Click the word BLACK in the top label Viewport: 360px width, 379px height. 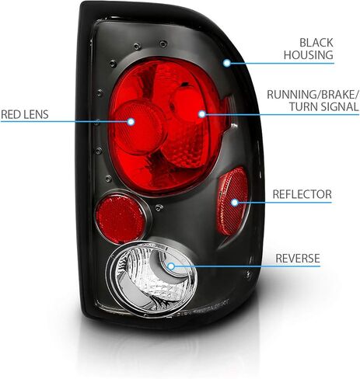[x=316, y=43]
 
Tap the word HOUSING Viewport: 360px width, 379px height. [x=309, y=55]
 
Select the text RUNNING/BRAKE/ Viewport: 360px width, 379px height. [x=313, y=95]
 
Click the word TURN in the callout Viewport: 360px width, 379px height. [x=303, y=106]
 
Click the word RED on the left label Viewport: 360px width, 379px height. [x=11, y=114]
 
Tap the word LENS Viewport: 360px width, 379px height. [x=36, y=114]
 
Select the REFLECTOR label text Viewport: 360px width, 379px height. [x=302, y=194]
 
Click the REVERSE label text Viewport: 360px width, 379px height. [x=298, y=258]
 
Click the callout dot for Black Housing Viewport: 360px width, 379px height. [x=227, y=63]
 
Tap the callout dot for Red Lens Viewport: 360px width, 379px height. [x=131, y=121]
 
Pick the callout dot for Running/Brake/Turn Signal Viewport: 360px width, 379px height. [x=202, y=114]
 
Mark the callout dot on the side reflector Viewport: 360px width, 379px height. [x=235, y=202]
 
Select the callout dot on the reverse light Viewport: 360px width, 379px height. [x=171, y=266]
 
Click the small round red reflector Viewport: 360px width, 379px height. [x=121, y=216]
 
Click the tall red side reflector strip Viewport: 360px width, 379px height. [x=232, y=202]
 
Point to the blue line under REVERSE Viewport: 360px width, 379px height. [x=247, y=266]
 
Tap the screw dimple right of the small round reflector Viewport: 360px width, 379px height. [x=159, y=207]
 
